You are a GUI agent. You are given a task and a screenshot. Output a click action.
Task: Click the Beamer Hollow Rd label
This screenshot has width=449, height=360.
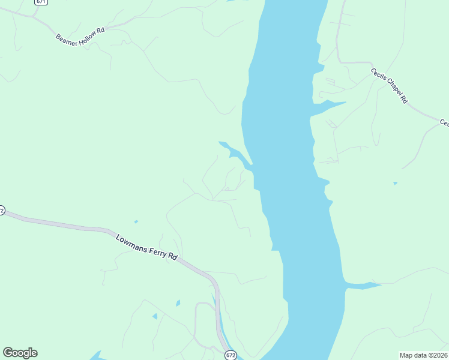pos(80,37)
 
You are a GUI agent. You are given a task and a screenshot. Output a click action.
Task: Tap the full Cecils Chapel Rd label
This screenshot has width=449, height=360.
pos(389,86)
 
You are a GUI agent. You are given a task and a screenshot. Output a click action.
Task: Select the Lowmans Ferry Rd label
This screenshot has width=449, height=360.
pos(146,247)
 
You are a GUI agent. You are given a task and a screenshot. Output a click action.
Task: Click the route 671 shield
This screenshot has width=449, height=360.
pos(41,2)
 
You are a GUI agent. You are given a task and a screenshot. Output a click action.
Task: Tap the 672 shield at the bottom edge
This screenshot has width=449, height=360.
pos(231,355)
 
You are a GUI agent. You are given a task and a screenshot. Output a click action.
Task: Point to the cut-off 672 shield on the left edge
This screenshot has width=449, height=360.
pos(2,211)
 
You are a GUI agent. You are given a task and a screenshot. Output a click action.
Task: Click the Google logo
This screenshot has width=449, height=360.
pos(20,353)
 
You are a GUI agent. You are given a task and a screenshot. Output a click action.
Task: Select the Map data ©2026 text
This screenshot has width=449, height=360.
pos(423,355)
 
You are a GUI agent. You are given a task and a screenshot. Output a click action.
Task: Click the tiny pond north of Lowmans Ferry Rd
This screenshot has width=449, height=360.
pos(136,222)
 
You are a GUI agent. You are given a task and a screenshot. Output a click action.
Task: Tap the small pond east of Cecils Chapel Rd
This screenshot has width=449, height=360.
pos(394,183)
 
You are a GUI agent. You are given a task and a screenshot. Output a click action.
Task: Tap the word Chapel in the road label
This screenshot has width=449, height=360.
pos(390,86)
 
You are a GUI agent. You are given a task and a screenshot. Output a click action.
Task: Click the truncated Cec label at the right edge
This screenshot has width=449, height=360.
pos(444,122)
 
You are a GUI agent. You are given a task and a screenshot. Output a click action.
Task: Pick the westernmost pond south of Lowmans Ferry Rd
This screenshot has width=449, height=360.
pos(155,316)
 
